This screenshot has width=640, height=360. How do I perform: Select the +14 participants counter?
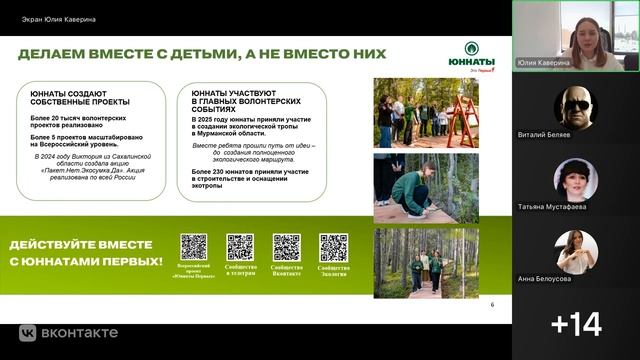tap(576, 323)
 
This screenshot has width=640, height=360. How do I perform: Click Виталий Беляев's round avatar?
tap(576, 105)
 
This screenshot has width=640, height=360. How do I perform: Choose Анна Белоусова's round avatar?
tap(576, 251)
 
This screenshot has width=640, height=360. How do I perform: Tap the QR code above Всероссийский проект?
tap(193, 247)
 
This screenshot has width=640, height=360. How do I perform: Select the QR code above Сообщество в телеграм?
tap(240, 247)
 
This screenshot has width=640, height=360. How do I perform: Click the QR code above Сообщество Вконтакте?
tap(287, 247)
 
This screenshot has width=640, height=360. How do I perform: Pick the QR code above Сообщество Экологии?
tap(333, 247)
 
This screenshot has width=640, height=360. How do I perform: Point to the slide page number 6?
tap(491, 306)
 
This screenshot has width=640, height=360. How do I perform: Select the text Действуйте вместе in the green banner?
tap(79, 244)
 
